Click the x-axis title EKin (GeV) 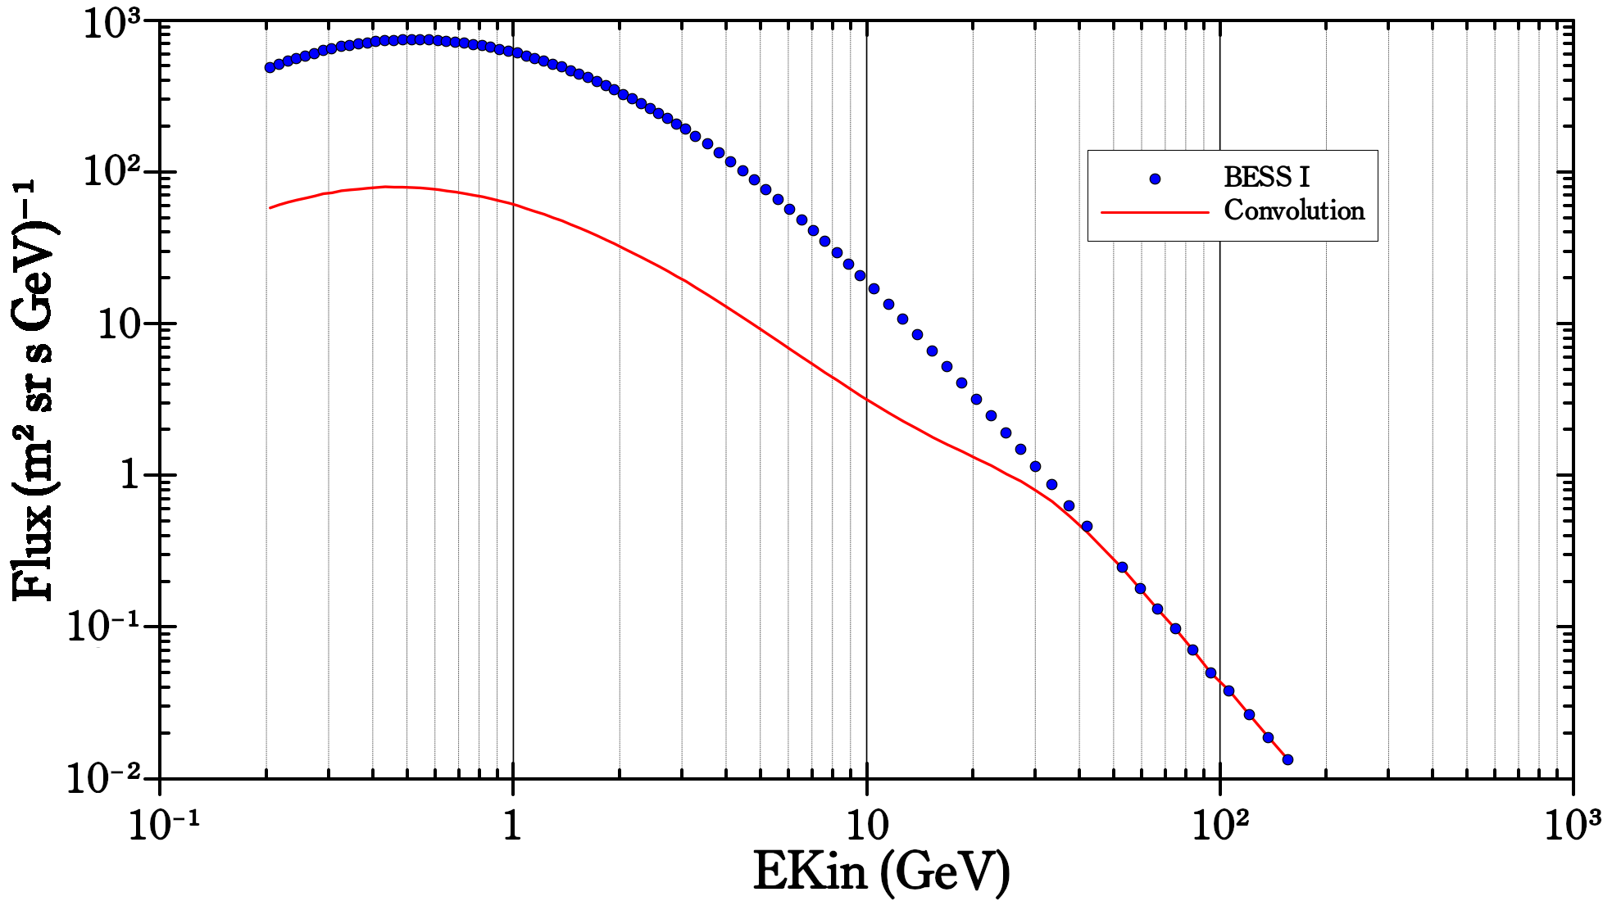point(881,872)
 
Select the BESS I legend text point(1266,177)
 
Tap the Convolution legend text point(1294,211)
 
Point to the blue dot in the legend point(1155,179)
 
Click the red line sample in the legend point(1155,212)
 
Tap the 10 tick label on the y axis point(120,325)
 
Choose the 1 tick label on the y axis point(131,476)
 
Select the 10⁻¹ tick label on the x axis point(164,825)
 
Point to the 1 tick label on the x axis point(512,826)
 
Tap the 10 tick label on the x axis point(866,826)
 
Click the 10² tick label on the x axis point(1219,825)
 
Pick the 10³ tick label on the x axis point(1573,825)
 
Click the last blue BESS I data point point(1287,759)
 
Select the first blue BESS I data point point(270,68)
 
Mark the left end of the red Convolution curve point(270,208)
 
